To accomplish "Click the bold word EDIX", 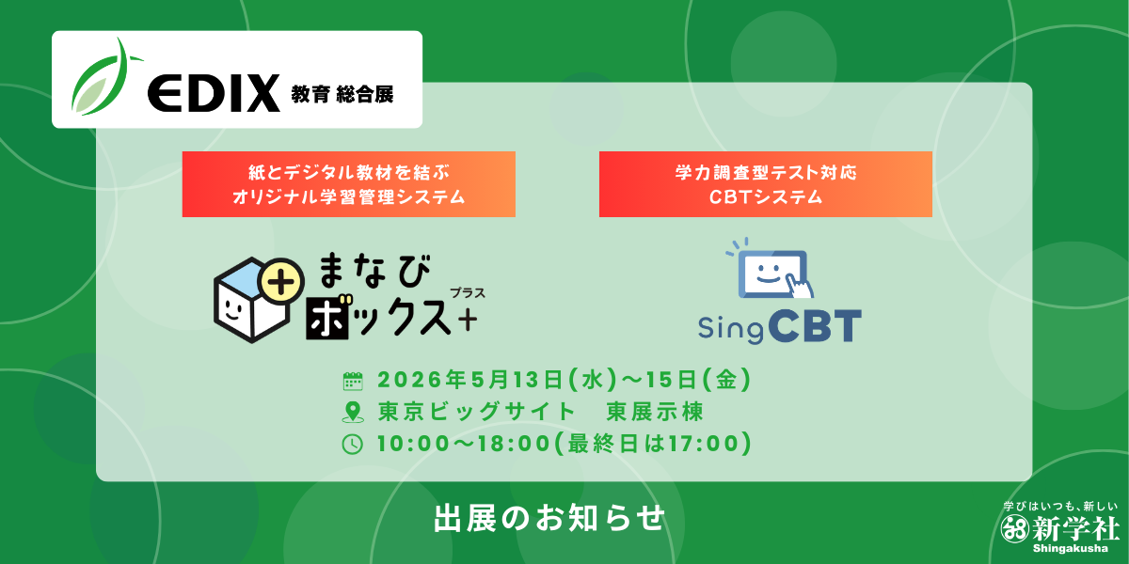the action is (x=214, y=93).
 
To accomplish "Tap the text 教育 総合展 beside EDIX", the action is (x=342, y=94).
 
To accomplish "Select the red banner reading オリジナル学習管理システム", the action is (x=349, y=184).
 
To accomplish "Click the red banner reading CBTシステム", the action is (x=766, y=184).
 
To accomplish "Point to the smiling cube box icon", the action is (x=252, y=300).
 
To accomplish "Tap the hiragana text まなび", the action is (x=375, y=271).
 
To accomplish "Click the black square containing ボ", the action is (x=327, y=319).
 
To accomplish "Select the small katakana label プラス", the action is (x=468, y=293).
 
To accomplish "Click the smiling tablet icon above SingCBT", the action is (x=771, y=269).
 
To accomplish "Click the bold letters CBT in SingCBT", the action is (x=815, y=326).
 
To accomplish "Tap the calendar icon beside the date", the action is (x=353, y=382).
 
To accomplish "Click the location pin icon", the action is (x=353, y=413).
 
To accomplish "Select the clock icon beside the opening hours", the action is (x=352, y=445).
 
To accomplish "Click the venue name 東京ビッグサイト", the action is (x=476, y=412).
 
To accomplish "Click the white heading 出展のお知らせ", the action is (x=549, y=519).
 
